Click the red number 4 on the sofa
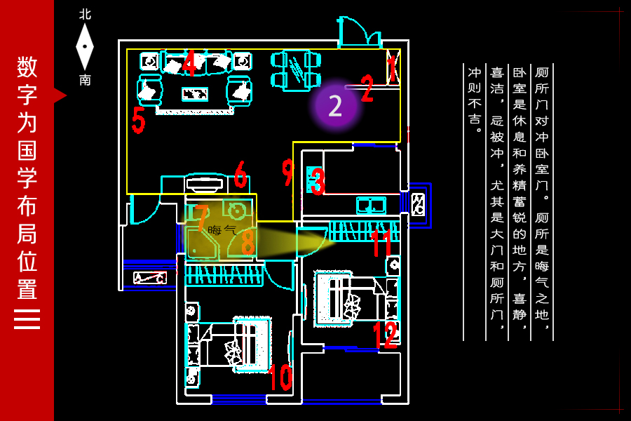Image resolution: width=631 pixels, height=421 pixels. tap(189, 62)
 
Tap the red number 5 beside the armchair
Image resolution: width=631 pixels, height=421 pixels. tap(138, 120)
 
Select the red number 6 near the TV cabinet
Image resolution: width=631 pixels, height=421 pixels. tap(240, 174)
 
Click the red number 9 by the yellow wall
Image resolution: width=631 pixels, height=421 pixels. tap(287, 172)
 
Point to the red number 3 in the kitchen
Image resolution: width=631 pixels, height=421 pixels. tap(318, 181)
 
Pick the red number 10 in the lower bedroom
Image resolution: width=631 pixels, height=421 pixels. tap(281, 377)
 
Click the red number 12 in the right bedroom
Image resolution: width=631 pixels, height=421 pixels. tap(386, 335)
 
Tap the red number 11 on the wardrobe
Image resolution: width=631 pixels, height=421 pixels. tap(381, 243)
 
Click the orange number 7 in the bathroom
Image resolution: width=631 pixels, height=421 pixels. tap(201, 218)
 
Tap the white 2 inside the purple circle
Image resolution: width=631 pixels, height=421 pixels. tap(335, 106)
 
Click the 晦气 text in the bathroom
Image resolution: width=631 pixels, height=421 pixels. tap(222, 230)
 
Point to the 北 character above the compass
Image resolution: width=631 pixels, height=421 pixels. tap(85, 15)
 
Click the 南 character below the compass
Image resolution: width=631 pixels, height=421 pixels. tap(85, 80)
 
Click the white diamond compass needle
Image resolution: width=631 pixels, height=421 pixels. tap(85, 47)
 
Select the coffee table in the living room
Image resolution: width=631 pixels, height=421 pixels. tap(195, 94)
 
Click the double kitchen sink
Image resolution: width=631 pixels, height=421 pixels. tap(371, 205)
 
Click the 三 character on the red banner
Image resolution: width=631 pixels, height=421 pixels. tap(27, 319)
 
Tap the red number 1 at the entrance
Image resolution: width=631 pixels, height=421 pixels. tap(391, 69)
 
